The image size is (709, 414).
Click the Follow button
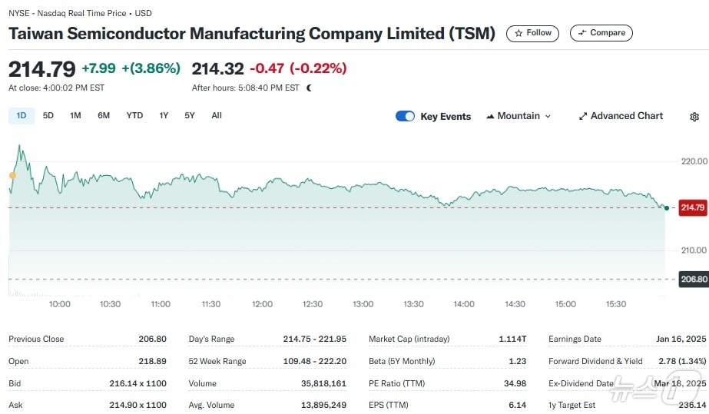(x=533, y=33)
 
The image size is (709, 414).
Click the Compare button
(x=601, y=33)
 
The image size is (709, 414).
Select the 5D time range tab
(x=48, y=116)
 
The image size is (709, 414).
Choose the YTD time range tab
(x=134, y=116)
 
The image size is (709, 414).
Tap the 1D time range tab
(x=22, y=116)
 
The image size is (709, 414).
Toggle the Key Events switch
(x=405, y=116)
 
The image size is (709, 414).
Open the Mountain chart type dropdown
(x=518, y=116)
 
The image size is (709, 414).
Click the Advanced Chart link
(x=620, y=116)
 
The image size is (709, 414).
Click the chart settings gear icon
(x=694, y=117)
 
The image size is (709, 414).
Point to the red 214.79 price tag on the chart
(x=692, y=207)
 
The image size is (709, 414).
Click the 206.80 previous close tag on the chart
(x=692, y=279)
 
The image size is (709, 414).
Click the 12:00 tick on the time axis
(x=262, y=304)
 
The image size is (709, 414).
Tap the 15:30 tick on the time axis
(x=616, y=304)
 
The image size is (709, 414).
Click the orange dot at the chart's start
(x=12, y=176)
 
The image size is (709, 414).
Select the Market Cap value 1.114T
(x=512, y=339)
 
